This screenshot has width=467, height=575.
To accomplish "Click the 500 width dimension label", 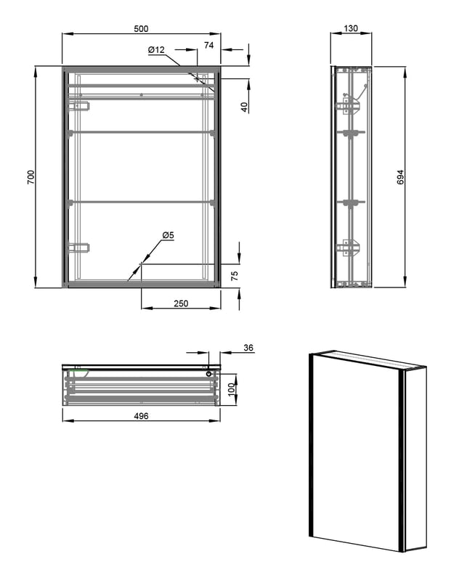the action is coord(141,28).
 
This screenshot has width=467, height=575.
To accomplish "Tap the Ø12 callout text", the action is coord(157,50).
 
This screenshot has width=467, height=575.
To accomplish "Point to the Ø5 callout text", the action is coord(167,235).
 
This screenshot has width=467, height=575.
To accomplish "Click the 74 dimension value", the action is coord(208,45).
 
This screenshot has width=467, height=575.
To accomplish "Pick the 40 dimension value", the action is coord(244,107).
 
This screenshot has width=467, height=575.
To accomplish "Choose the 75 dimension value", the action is coord(235,275).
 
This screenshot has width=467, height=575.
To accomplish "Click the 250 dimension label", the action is coord(181,303).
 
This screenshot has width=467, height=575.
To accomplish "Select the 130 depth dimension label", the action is coord(351,28).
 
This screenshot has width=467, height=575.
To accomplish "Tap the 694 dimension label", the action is coord(400,176).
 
